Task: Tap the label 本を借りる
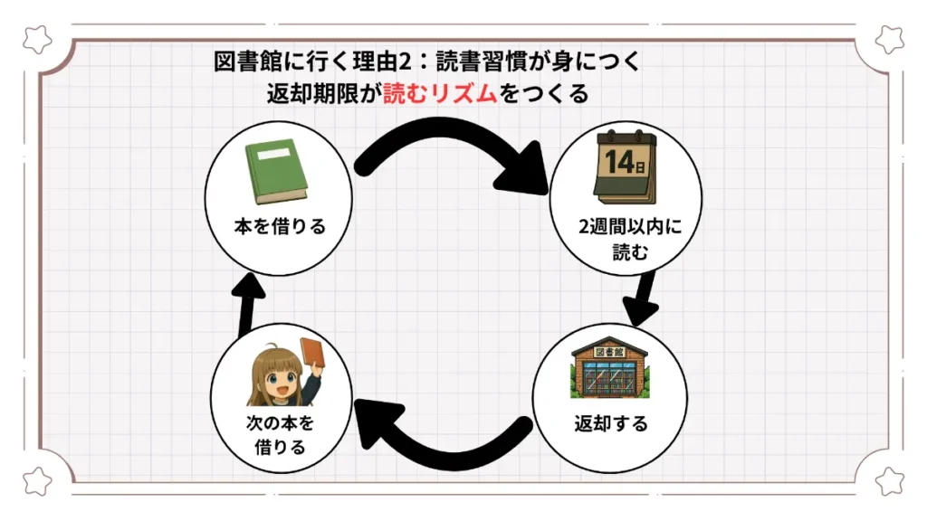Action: coord(277,226)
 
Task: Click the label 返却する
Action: coord(611,423)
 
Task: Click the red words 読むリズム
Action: coord(441,93)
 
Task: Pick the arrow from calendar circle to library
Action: coord(645,297)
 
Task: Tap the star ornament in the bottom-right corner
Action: coord(890,481)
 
